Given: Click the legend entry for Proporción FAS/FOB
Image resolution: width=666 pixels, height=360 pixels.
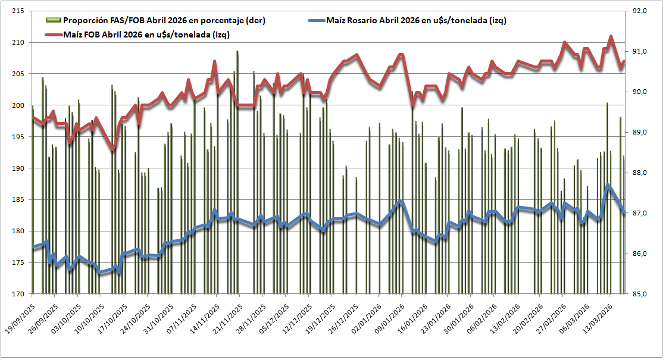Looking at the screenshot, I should pos(164,21).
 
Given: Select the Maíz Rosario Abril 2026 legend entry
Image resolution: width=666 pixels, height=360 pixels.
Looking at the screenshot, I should pos(416,21).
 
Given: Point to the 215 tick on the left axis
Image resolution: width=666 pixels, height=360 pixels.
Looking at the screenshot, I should pos(17,11).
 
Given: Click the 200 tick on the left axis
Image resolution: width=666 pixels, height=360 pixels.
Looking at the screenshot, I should pos(17,105).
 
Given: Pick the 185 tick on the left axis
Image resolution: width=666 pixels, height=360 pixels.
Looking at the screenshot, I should pos(17,199).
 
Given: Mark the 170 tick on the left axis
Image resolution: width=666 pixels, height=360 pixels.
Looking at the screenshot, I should pos(17,293).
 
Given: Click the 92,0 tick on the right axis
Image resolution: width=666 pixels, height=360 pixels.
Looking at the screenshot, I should pos(646,11).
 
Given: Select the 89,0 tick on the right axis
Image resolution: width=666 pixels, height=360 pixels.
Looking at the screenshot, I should pos(646,132).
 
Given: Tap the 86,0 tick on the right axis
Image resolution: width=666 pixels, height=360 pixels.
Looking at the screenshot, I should pos(646,253).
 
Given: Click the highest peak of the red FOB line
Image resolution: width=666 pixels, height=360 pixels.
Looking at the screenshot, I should pos(611,37).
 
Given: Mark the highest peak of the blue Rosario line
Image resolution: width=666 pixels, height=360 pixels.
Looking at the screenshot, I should pos(608,185).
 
